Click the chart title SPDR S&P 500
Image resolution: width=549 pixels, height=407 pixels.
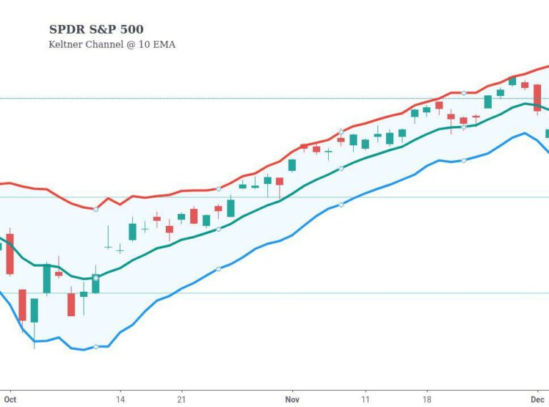tap(96, 29)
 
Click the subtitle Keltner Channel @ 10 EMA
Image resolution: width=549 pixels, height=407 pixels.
tap(112, 44)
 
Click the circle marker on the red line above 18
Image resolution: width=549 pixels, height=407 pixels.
tap(464, 93)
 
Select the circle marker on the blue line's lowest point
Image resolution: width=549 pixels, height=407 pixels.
tap(96, 346)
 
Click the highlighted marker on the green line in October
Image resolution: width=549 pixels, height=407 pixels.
tap(96, 278)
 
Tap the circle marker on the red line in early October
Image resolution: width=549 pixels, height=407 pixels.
tap(96, 209)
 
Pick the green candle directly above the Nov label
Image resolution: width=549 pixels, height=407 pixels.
tap(292, 165)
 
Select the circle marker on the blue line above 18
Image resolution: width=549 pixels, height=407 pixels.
tap(464, 160)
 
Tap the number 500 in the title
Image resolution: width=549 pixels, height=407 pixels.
tap(132, 29)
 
